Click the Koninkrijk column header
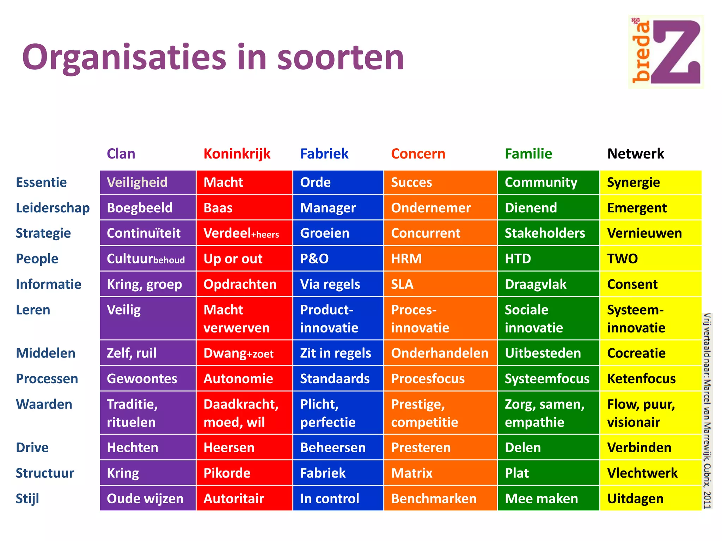(237, 154)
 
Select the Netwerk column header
(635, 154)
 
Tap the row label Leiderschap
(53, 208)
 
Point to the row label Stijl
(27, 499)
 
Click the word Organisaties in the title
(123, 57)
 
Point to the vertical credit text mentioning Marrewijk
(707, 410)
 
